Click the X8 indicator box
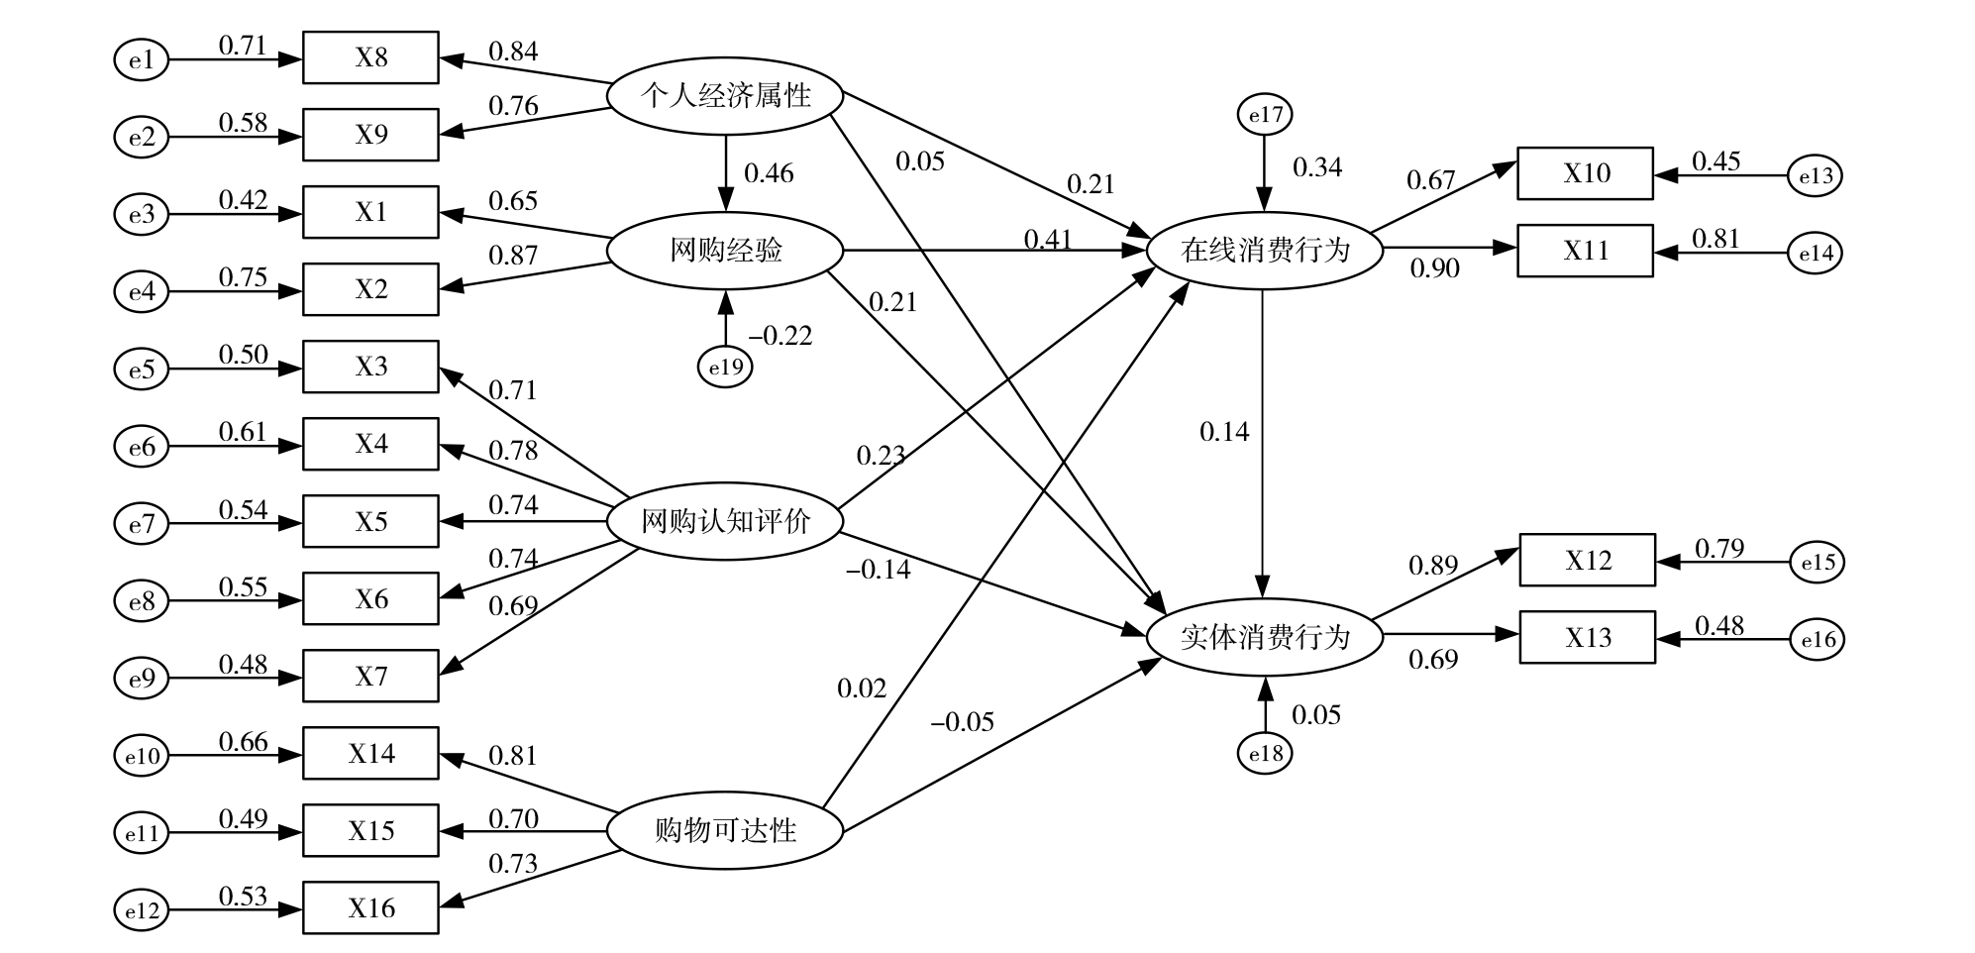(x=370, y=57)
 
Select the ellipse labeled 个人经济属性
(x=725, y=96)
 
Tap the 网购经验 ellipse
(x=725, y=251)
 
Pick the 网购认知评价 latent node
(x=725, y=522)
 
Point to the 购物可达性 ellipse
(x=725, y=830)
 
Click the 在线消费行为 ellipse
(x=1264, y=251)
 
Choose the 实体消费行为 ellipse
(x=1264, y=637)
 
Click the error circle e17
(x=1265, y=116)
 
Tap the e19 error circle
(x=725, y=368)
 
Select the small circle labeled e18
(x=1265, y=754)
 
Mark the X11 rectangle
(x=1585, y=251)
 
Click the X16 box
(x=370, y=907)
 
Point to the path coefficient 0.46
(x=769, y=173)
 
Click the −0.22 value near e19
(x=780, y=337)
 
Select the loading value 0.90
(x=1434, y=268)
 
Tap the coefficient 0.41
(x=1048, y=240)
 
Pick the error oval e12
(x=142, y=910)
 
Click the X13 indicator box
(x=1587, y=637)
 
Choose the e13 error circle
(x=1816, y=176)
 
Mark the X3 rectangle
(x=370, y=367)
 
